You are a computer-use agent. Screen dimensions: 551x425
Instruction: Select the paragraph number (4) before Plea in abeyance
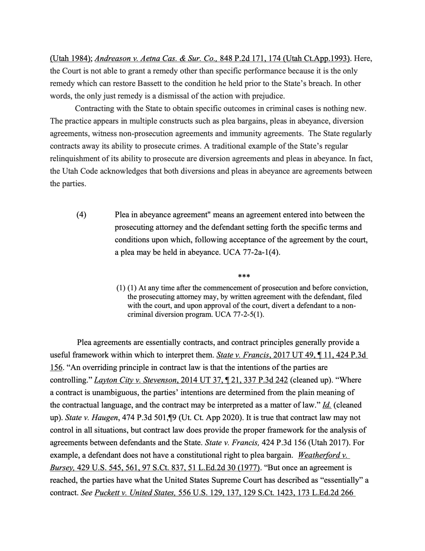point(81,215)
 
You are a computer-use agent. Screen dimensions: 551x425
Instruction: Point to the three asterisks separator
point(244,276)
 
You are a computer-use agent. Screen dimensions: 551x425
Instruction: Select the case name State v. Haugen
point(92,418)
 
